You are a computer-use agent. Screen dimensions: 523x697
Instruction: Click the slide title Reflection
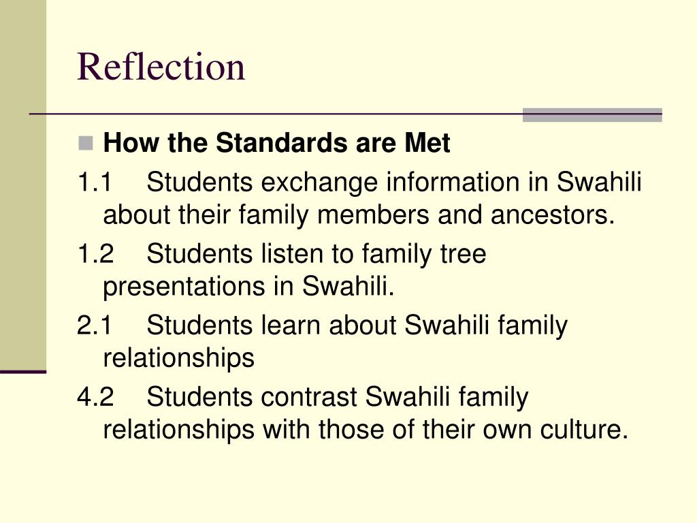(x=161, y=67)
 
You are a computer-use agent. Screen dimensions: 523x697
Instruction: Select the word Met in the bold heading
(x=427, y=144)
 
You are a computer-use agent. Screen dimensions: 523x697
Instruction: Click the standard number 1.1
(x=95, y=183)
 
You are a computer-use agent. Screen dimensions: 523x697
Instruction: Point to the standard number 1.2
(x=95, y=254)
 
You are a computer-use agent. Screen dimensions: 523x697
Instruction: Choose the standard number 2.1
(x=95, y=326)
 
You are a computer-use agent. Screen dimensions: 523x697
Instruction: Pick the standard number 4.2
(x=95, y=397)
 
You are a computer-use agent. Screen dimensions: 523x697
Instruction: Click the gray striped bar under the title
(x=592, y=115)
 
